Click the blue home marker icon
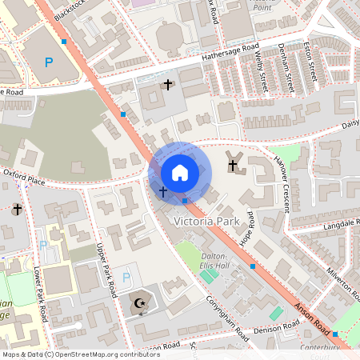pyautogui.click(x=179, y=172)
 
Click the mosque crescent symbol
pyautogui.click(x=139, y=304)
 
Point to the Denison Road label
pyautogui.click(x=275, y=327)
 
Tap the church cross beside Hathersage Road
pyautogui.click(x=168, y=84)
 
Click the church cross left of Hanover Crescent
pyautogui.click(x=234, y=166)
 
